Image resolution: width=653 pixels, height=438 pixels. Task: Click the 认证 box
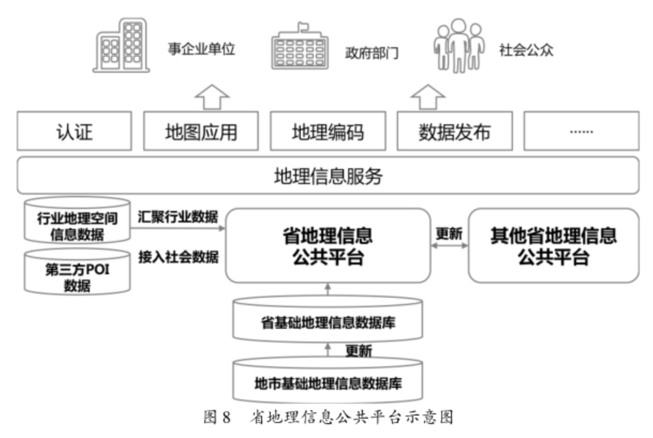74,131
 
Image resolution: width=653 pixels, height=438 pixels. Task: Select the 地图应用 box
201,131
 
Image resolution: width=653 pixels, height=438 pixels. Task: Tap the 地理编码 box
328,131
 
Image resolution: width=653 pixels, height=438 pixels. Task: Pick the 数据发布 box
454,131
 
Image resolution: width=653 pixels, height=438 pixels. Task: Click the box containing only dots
581,131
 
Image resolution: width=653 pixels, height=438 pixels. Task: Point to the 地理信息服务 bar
328,176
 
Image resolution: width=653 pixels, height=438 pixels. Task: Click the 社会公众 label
526,51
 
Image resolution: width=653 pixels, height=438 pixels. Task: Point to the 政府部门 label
372,53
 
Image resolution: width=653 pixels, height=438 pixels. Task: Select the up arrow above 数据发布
428,96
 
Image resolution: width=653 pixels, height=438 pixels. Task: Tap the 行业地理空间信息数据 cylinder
77,221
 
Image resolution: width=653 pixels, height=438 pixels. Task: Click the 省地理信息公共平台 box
328,246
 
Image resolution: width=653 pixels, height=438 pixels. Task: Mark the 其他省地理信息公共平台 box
553,246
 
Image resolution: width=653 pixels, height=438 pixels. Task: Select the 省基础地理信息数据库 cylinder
328,320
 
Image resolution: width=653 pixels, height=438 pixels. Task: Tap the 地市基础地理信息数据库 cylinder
328,381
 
